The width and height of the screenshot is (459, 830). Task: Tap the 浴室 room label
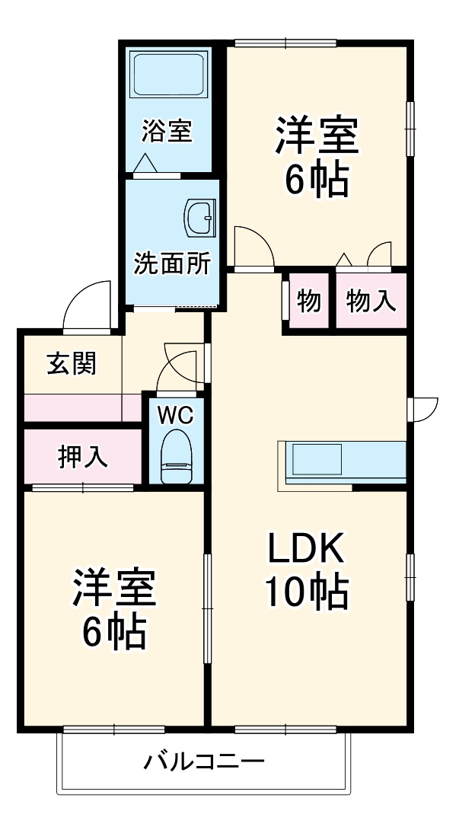167,131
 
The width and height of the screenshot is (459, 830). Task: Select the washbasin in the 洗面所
202,216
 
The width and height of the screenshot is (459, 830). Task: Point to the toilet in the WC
177,458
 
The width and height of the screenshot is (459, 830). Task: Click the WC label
176,415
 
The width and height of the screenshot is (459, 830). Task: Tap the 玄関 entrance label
72,364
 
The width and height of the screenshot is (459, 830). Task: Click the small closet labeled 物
308,302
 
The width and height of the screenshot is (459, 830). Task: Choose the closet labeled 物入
371,302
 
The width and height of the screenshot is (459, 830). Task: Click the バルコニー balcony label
204,761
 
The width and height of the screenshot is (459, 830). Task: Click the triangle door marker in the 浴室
145,163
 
